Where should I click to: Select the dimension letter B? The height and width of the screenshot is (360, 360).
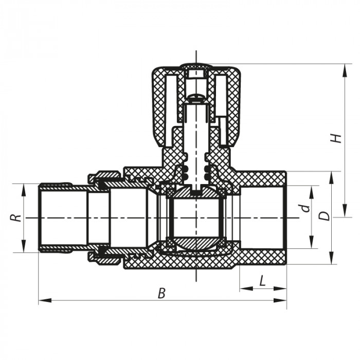[x=161, y=293]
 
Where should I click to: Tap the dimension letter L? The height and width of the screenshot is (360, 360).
[x=263, y=281]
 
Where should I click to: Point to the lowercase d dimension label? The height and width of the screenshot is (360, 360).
[x=305, y=208]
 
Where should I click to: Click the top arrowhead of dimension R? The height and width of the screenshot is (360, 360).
[x=24, y=186]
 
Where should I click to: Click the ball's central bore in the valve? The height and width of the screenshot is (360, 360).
[x=196, y=217]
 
